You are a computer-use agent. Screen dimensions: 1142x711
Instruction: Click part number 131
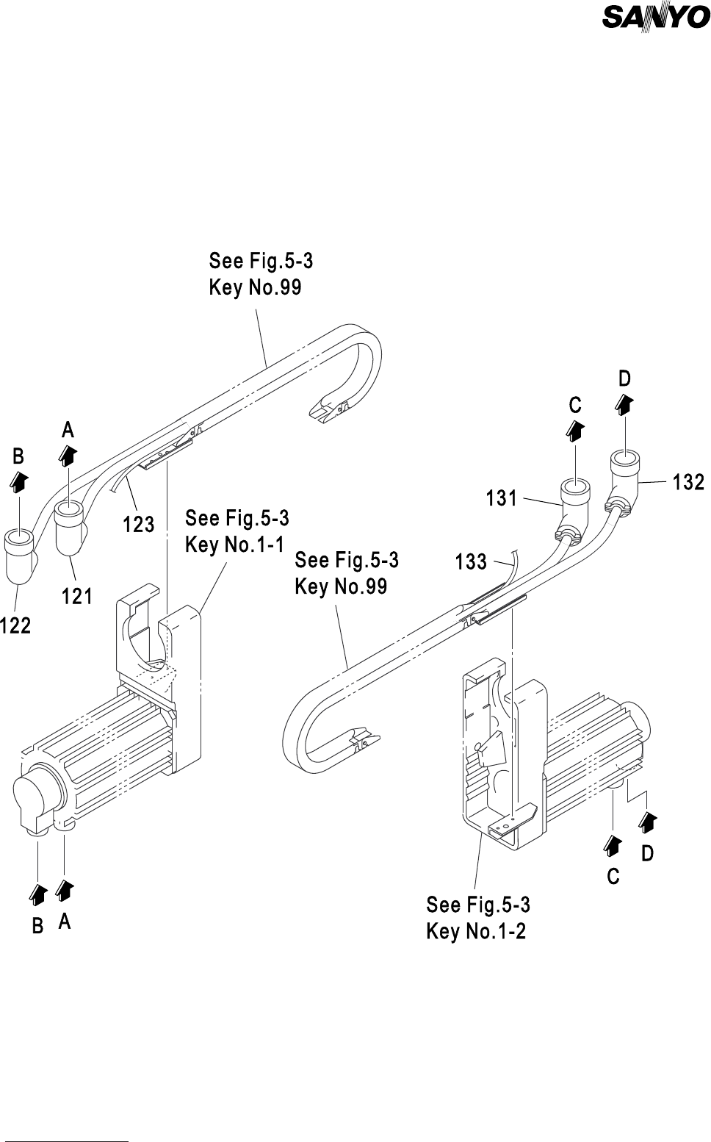502,499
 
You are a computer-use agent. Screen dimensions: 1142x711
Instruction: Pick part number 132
689,482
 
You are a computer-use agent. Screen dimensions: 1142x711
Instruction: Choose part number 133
471,562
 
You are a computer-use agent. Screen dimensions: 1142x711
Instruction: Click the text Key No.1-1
234,545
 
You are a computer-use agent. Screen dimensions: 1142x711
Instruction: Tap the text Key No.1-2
476,931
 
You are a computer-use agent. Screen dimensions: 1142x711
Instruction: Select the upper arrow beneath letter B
19,481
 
